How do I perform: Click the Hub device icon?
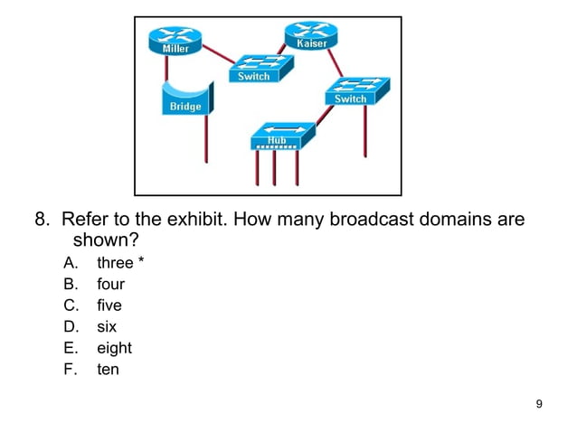point(280,136)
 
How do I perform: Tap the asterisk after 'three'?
point(140,261)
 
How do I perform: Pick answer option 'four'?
point(111,285)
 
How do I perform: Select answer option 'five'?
point(109,305)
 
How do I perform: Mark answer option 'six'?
point(107,326)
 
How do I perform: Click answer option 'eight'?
point(114,348)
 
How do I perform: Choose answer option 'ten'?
point(108,369)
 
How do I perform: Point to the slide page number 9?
point(539,403)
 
